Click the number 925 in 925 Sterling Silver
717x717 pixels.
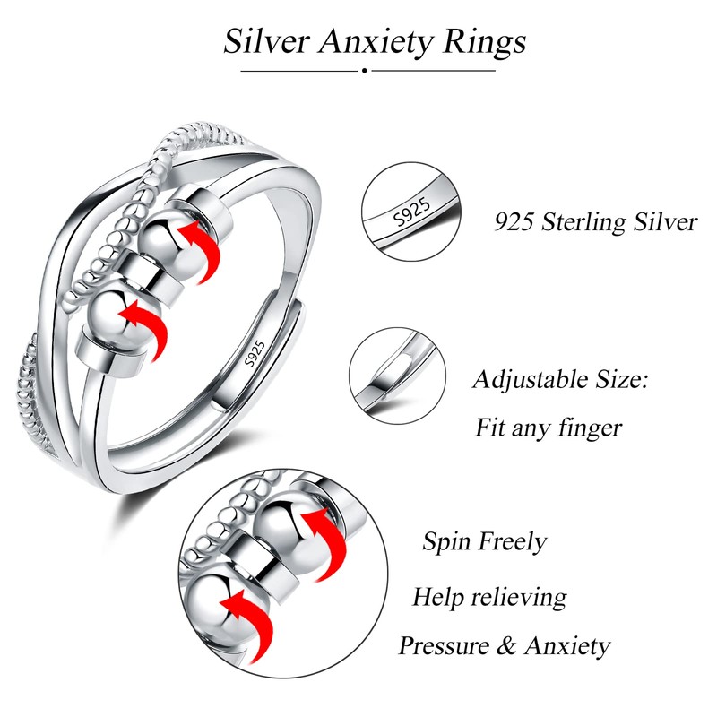click(516, 221)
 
